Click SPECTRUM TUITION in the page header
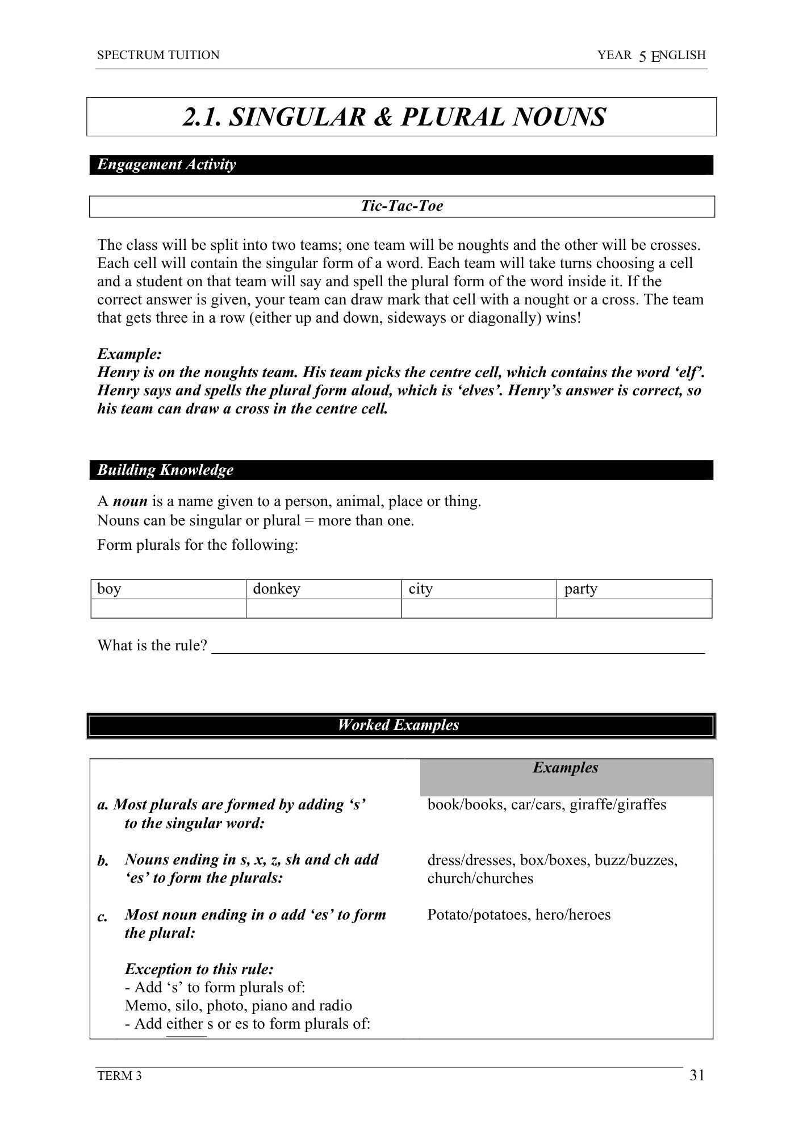[158, 55]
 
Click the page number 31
[697, 1075]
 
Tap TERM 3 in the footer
[119, 1076]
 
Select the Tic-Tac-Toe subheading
[401, 206]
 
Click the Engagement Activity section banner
[401, 165]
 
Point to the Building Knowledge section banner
[401, 470]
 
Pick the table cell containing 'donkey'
[323, 589]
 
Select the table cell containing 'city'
[478, 589]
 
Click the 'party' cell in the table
[634, 589]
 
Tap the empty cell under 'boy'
[168, 608]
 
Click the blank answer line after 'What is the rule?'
[457, 648]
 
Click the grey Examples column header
[566, 776]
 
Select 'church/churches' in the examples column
[480, 878]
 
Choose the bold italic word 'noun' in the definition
[130, 502]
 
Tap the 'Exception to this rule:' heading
[199, 969]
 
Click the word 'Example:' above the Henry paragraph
[129, 354]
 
